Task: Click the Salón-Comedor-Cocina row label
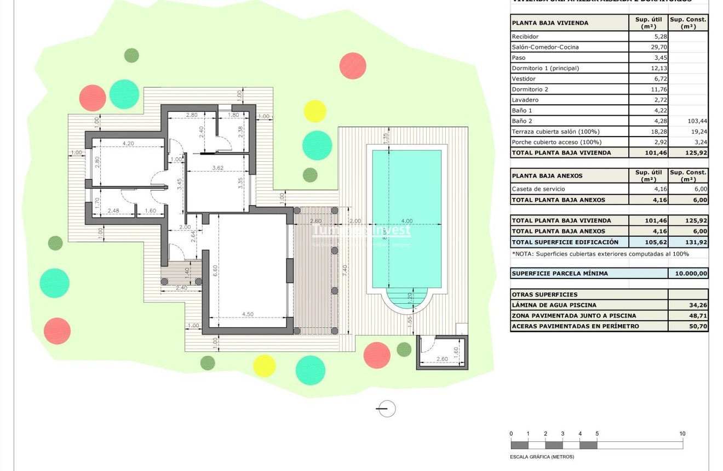[x=545, y=47]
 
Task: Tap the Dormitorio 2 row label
[x=530, y=89]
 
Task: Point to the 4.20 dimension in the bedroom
[x=128, y=144]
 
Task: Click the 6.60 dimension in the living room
[x=215, y=271]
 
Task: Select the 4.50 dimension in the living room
[x=248, y=314]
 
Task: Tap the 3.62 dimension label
[x=217, y=168]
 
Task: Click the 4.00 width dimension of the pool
[x=406, y=221]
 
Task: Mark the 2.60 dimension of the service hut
[x=442, y=359]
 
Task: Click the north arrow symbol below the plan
[x=387, y=408]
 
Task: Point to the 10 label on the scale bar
[x=682, y=434]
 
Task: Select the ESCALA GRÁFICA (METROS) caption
[x=542, y=457]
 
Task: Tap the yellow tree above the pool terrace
[x=315, y=111]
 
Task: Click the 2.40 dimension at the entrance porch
[x=181, y=288]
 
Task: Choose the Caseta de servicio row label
[x=538, y=189]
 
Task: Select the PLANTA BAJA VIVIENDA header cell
[x=550, y=23]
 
